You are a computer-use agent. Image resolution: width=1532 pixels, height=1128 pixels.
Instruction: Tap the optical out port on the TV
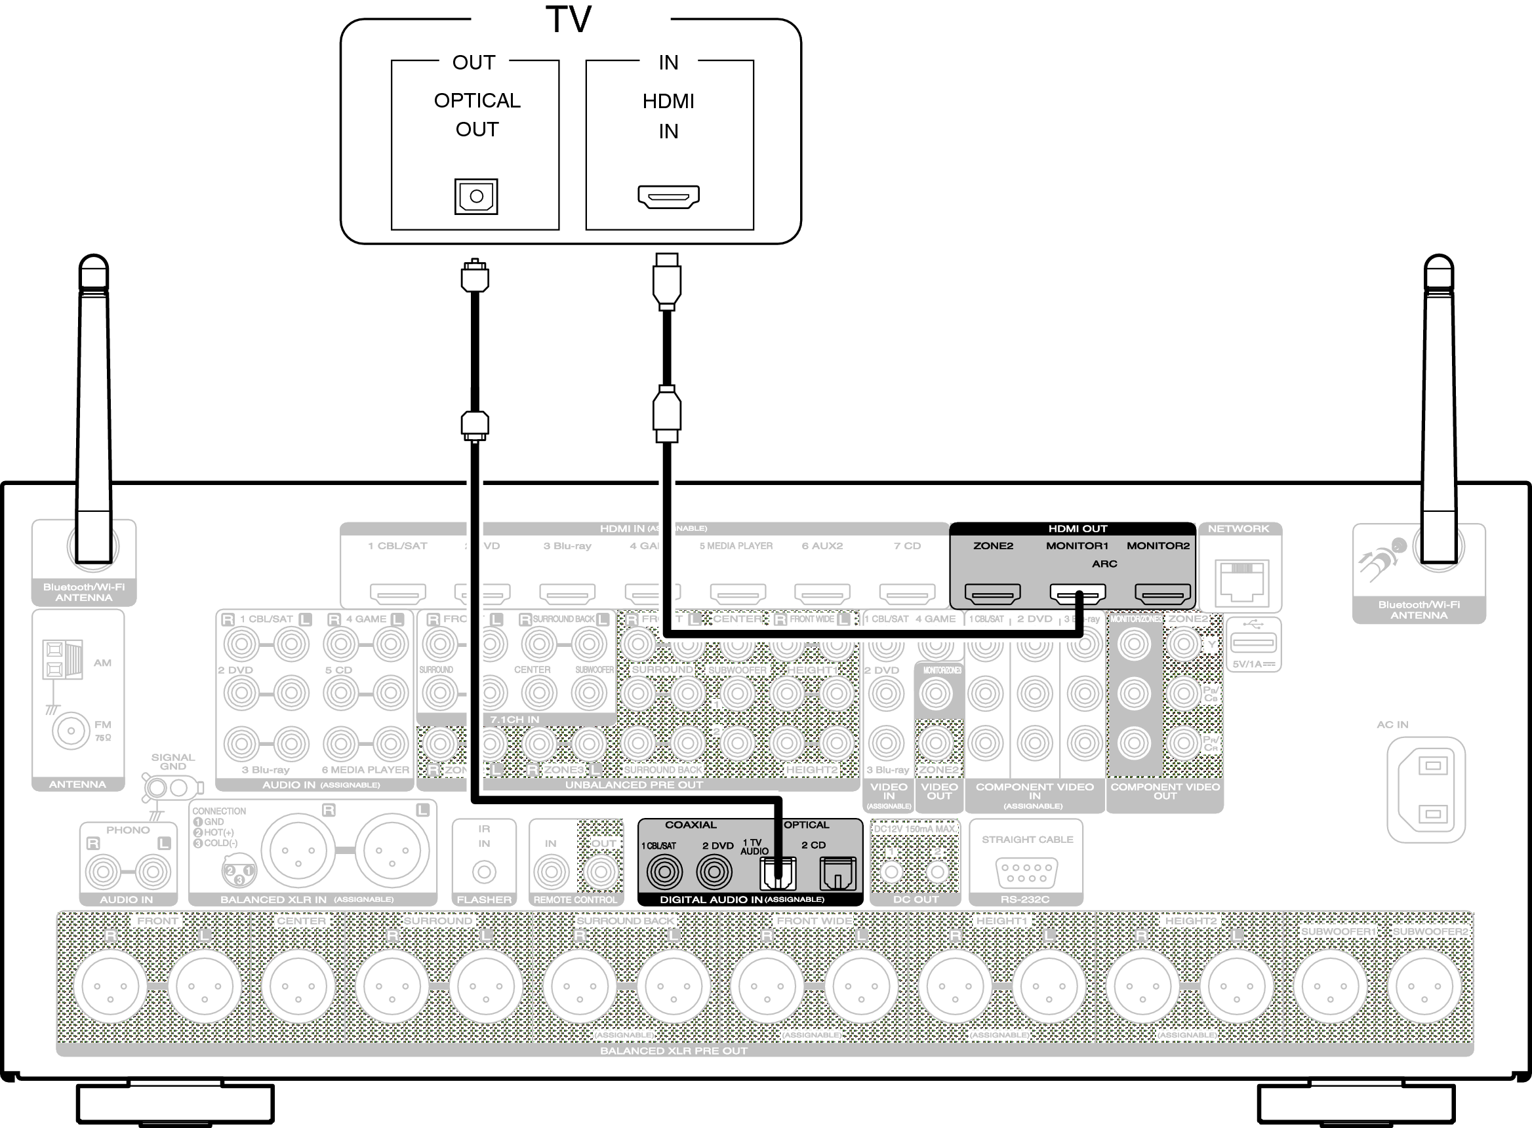(x=476, y=197)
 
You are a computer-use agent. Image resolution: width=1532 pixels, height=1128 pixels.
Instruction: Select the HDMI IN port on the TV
(x=669, y=197)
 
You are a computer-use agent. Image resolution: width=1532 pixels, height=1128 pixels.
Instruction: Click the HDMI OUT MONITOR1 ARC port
(x=1077, y=594)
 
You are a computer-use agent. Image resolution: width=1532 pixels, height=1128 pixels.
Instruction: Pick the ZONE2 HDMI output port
(x=992, y=594)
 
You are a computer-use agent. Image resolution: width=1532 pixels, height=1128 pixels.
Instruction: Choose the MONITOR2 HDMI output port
(x=1162, y=594)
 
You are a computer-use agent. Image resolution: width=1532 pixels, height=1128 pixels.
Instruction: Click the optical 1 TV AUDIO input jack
(x=777, y=873)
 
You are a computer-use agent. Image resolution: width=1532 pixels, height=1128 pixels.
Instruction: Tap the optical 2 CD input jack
(x=837, y=873)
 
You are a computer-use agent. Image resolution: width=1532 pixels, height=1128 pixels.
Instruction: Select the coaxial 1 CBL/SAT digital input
(x=664, y=872)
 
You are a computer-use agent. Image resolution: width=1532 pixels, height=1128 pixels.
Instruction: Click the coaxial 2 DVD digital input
(x=714, y=872)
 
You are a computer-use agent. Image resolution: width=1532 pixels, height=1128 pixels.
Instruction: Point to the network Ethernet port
(x=1241, y=581)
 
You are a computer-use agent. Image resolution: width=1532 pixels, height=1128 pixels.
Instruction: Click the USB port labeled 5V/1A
(x=1253, y=642)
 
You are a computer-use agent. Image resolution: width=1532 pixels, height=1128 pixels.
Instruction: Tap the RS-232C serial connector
(x=1026, y=872)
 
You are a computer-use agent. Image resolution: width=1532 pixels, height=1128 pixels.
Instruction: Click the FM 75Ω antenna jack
(x=70, y=731)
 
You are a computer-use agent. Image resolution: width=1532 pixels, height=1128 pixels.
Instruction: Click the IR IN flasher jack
(x=484, y=872)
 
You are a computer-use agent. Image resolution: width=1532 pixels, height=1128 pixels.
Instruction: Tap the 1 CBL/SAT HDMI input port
(x=397, y=593)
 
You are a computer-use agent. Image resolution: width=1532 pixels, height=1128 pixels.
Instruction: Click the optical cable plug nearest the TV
(x=475, y=276)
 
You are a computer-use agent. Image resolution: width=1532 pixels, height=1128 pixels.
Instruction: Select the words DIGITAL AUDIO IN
(x=710, y=900)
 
